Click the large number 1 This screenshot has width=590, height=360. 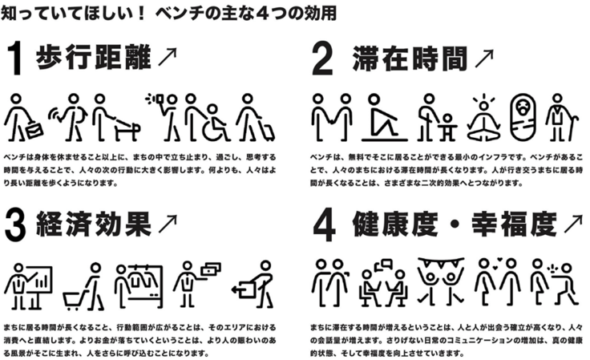click(16, 59)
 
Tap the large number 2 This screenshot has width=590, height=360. click(322, 59)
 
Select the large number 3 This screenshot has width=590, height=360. click(15, 226)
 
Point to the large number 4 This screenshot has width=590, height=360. click(324, 226)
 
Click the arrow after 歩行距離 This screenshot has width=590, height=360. click(168, 57)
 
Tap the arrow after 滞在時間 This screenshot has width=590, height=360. click(484, 59)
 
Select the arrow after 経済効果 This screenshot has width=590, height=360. click(168, 224)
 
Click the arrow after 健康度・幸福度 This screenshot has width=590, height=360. click(573, 224)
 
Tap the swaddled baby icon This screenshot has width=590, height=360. click(523, 116)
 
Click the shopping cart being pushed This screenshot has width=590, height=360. click(75, 300)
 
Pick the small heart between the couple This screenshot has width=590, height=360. click(499, 260)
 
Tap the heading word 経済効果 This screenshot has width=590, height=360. click(94, 224)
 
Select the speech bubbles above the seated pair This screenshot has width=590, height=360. click(384, 265)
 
